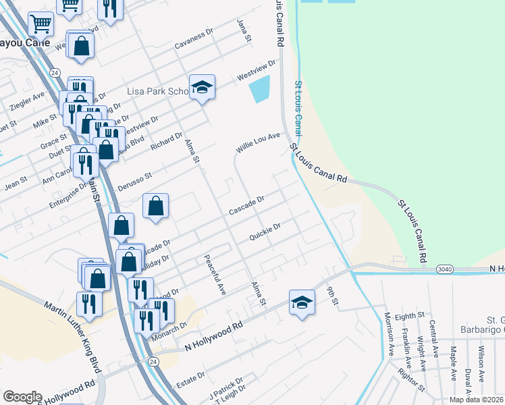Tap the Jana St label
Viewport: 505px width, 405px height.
[x=243, y=30]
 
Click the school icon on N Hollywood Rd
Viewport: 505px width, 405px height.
[x=302, y=302]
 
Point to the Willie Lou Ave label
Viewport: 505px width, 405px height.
[x=257, y=142]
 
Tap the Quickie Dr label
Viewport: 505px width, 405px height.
[x=264, y=232]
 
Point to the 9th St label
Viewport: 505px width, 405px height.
[x=332, y=296]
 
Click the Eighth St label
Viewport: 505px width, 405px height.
[x=410, y=315]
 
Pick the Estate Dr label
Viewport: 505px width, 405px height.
[x=191, y=375]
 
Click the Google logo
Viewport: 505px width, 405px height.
[x=22, y=397]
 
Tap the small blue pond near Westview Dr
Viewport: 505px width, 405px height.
[x=259, y=89]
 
